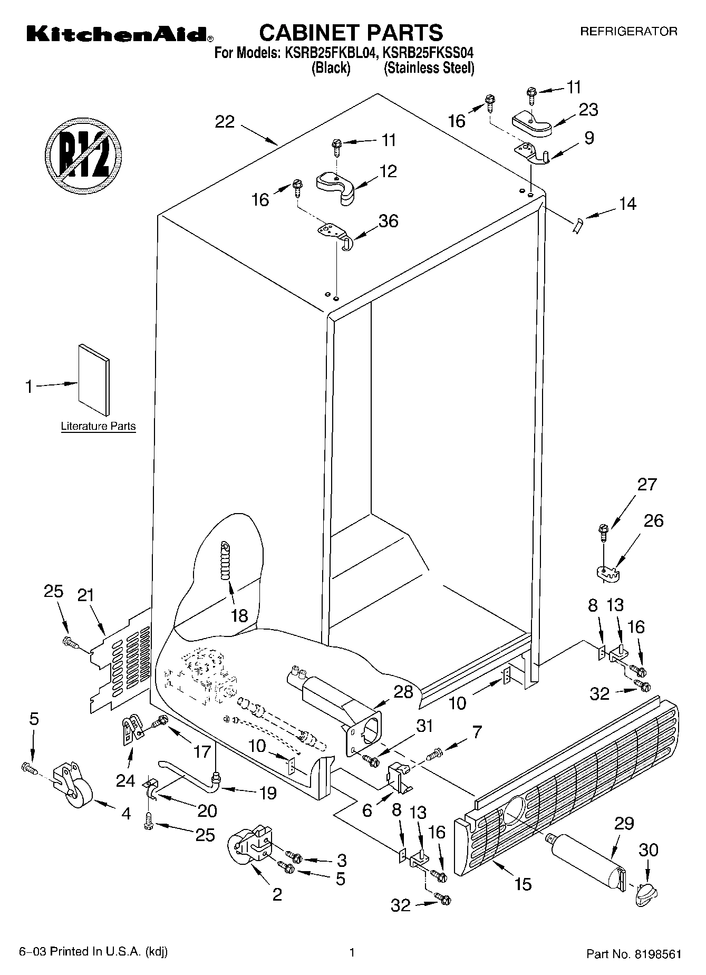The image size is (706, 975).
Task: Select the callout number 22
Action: click(x=225, y=122)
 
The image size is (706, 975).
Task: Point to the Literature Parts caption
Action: click(x=98, y=426)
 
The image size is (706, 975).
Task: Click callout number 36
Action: click(x=388, y=220)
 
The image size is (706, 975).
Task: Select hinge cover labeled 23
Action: click(x=531, y=124)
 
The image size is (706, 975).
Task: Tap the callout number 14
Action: click(x=627, y=204)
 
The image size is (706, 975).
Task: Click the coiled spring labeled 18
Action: click(x=227, y=562)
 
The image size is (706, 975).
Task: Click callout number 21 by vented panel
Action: click(x=85, y=595)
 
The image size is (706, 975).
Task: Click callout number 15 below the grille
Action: click(x=523, y=884)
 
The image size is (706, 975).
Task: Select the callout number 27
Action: click(x=647, y=484)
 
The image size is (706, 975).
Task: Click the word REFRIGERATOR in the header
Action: click(x=628, y=32)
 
